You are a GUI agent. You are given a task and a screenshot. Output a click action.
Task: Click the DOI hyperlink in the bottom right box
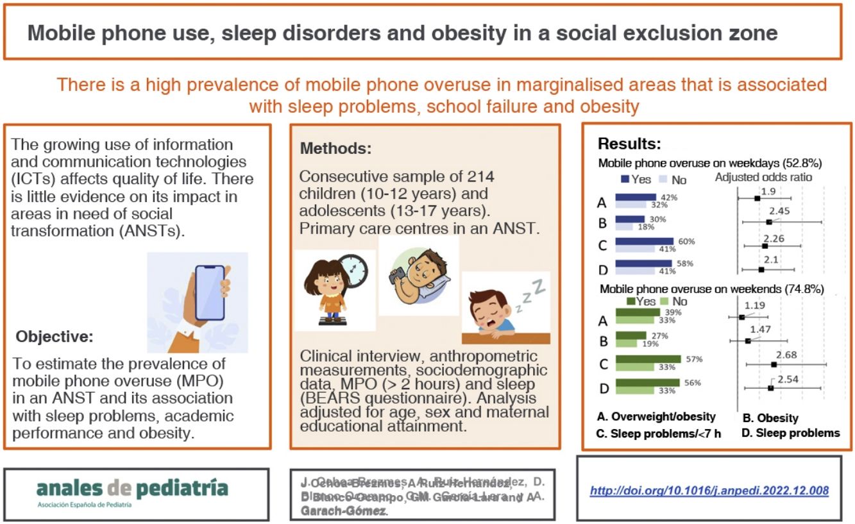pyautogui.click(x=709, y=491)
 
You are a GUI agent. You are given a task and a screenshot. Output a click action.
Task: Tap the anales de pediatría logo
pyautogui.click(x=132, y=489)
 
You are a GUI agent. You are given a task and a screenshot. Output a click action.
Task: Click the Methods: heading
pyautogui.click(x=335, y=149)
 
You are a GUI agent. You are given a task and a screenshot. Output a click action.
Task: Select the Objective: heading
pyautogui.click(x=55, y=336)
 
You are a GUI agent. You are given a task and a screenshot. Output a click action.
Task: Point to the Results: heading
pyautogui.click(x=629, y=144)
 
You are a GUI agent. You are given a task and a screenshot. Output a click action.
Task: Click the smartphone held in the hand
pyautogui.click(x=210, y=292)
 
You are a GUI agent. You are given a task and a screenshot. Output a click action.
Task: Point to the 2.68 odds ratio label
pyautogui.click(x=786, y=354)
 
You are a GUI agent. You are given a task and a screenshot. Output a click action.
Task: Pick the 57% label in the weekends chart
pyautogui.click(x=693, y=359)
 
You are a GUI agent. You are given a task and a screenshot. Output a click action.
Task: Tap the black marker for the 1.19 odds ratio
pyautogui.click(x=742, y=317)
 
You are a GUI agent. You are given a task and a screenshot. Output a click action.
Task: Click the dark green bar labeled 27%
pyautogui.click(x=631, y=335)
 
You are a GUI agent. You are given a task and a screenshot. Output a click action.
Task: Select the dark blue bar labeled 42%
pyautogui.click(x=636, y=198)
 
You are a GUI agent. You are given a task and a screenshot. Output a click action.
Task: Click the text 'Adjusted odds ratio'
pyautogui.click(x=764, y=178)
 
